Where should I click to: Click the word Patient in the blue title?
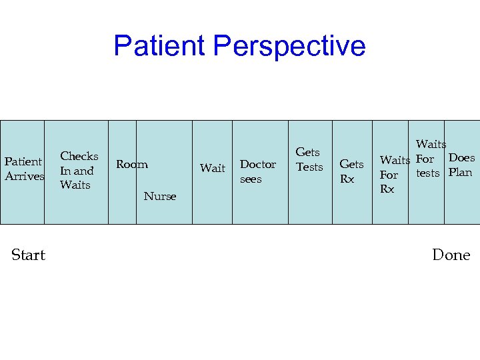(159, 46)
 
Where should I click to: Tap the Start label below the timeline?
(29, 255)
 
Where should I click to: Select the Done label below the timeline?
(451, 255)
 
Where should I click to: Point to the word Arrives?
(25, 176)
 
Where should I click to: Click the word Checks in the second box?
(79, 156)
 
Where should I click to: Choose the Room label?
(132, 164)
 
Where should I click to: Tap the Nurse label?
(160, 196)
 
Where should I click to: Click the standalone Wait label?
(213, 168)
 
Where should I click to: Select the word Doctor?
(257, 164)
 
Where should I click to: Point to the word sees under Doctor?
(251, 179)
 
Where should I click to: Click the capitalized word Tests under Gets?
(309, 167)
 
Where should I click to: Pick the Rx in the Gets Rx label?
(347, 179)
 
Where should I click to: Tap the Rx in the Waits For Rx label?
(387, 189)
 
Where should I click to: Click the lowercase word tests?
(427, 173)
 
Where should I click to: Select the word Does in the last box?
(461, 158)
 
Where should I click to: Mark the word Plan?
(460, 173)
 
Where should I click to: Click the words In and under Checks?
(77, 171)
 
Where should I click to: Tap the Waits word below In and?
(75, 185)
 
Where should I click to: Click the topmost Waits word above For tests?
(431, 144)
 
